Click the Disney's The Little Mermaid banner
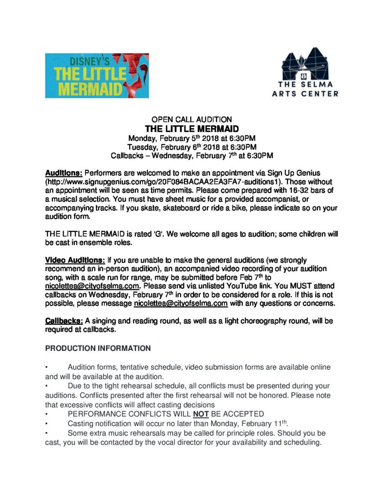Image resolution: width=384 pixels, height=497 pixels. [97, 76]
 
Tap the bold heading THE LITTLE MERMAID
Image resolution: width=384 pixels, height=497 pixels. [192, 129]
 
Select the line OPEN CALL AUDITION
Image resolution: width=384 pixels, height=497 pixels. [192, 119]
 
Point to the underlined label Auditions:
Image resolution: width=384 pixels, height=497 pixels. [64, 173]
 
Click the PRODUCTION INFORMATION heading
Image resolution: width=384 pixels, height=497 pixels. [98, 348]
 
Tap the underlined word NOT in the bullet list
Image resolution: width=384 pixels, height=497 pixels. [197, 414]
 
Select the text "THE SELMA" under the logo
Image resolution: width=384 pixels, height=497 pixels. [305, 84]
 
